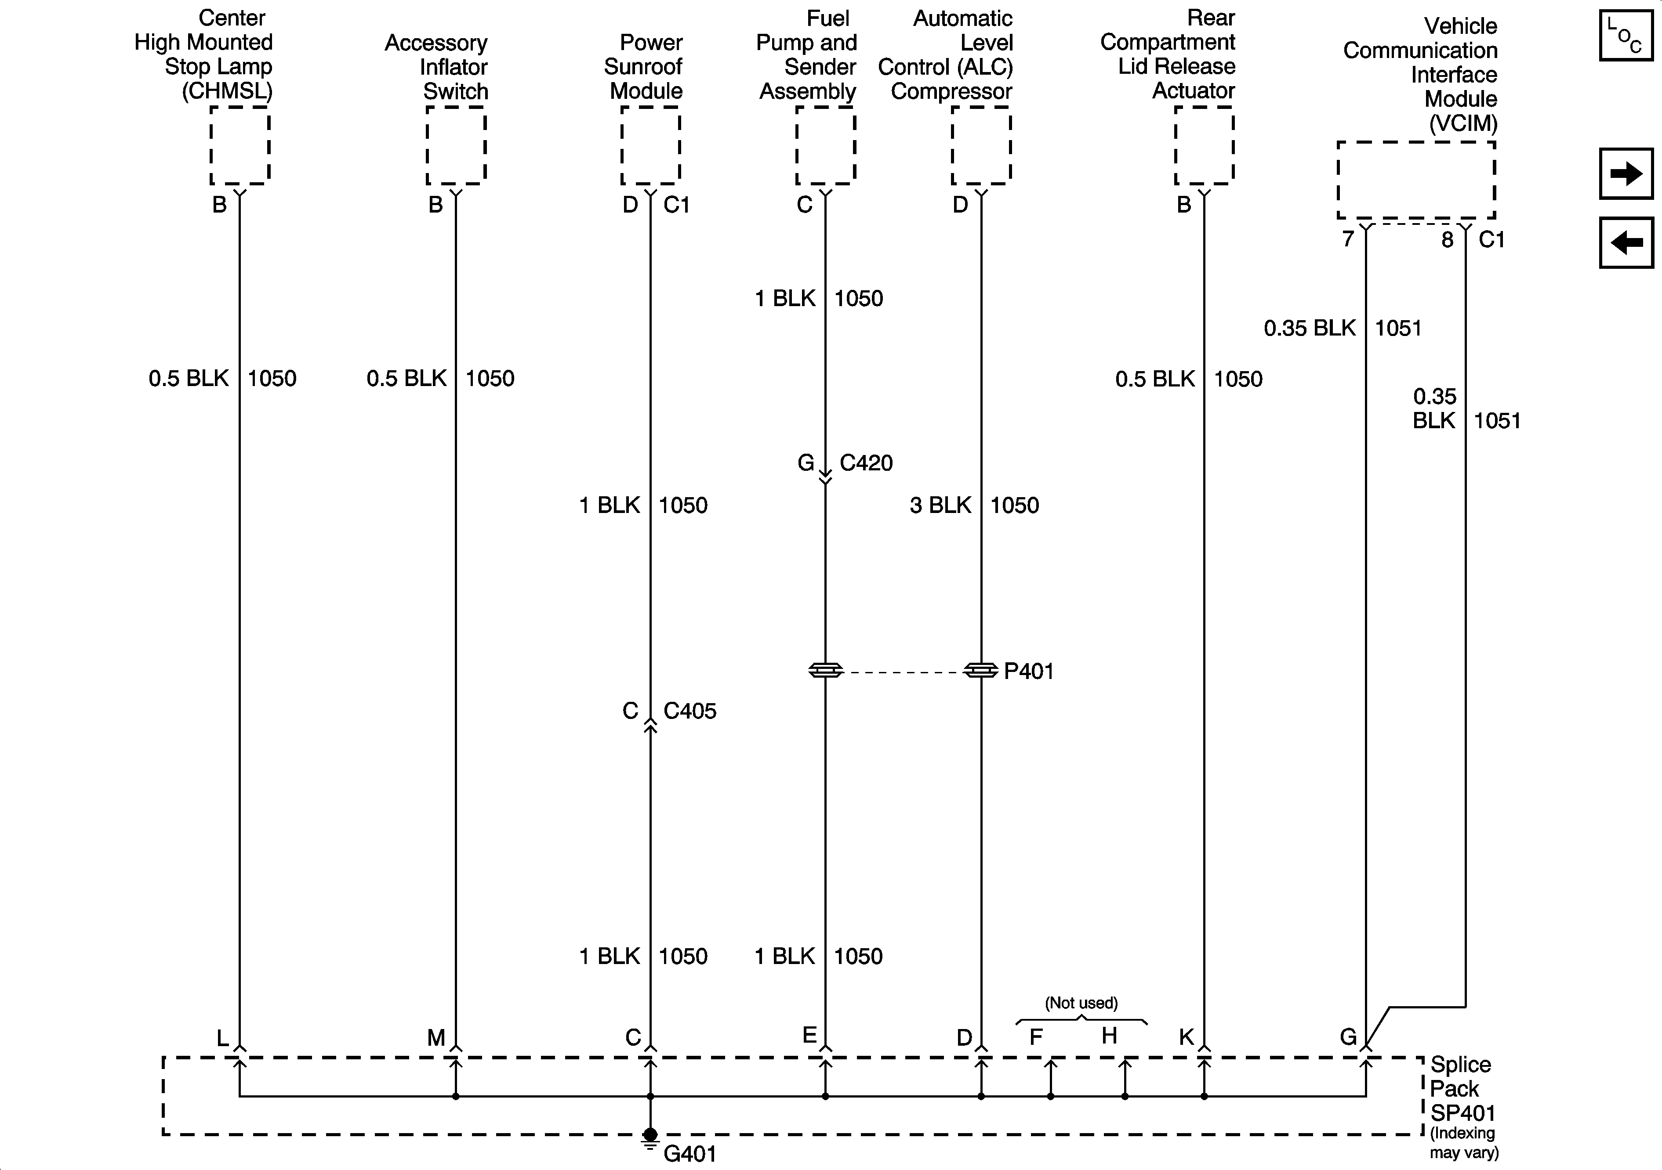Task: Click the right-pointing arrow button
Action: (x=1626, y=173)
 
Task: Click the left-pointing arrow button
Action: (x=1626, y=242)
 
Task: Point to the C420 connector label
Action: (x=866, y=463)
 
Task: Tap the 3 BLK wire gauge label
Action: (x=940, y=505)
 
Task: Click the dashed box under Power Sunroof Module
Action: (x=650, y=145)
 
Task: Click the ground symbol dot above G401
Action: (x=650, y=1134)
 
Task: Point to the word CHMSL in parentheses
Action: (x=227, y=91)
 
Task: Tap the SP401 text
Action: (x=1462, y=1113)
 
